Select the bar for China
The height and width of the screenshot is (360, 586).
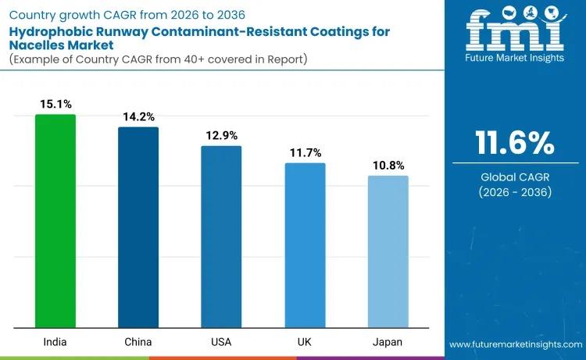(x=138, y=227)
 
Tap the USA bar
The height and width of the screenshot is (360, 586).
(x=221, y=237)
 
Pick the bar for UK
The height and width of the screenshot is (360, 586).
(x=305, y=245)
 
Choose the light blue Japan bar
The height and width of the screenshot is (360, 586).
(x=388, y=251)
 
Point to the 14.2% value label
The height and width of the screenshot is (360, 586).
(x=138, y=116)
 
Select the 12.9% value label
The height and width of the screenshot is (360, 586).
(x=221, y=135)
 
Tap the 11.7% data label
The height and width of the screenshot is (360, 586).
(x=305, y=152)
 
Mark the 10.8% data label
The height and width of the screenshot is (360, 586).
(x=388, y=165)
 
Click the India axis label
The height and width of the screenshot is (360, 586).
(x=55, y=342)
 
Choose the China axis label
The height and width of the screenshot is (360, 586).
(x=138, y=342)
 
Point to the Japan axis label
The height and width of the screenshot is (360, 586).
(x=388, y=342)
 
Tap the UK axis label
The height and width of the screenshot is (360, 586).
(x=305, y=342)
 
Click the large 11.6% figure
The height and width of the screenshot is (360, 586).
(x=515, y=144)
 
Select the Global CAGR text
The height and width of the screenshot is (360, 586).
(x=515, y=177)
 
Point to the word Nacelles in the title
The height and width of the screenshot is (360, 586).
(x=34, y=45)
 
